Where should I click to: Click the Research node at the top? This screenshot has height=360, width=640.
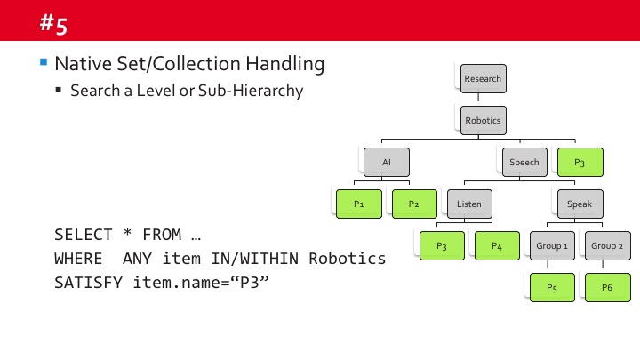click(483, 78)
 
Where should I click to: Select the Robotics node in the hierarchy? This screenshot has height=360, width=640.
click(483, 120)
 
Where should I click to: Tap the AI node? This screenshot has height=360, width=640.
click(386, 163)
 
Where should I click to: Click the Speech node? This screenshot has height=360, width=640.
click(524, 163)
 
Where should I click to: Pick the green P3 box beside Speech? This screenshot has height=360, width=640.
click(580, 163)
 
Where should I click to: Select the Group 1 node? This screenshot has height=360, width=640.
click(552, 245)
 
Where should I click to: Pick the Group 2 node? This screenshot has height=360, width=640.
click(607, 245)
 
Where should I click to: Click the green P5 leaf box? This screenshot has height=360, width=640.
click(552, 287)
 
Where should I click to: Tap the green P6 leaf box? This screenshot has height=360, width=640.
click(607, 287)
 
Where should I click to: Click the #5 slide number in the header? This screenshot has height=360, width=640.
click(53, 24)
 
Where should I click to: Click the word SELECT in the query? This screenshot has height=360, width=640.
click(84, 236)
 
